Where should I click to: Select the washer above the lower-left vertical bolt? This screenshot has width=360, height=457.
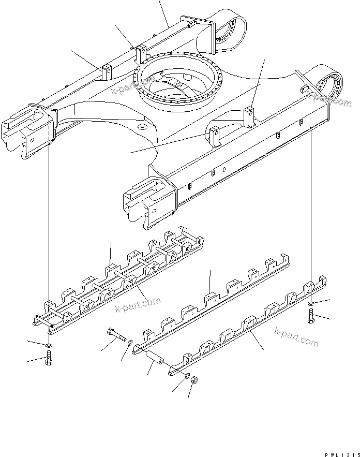tap(48, 345)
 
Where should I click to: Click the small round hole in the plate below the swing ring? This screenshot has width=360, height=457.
tap(143, 126)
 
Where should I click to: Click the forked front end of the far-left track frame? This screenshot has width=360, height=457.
tap(23, 132)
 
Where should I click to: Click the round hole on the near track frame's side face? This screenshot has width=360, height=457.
tap(223, 169)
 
